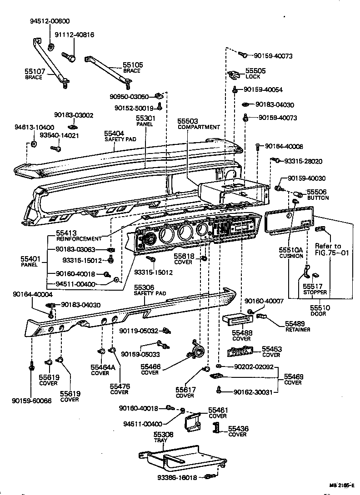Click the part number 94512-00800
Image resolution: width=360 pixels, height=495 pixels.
(x=50, y=21)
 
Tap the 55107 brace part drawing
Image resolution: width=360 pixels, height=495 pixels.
(x=50, y=61)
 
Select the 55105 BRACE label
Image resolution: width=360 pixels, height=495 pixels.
(x=133, y=68)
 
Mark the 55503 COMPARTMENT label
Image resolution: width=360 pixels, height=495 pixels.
(x=199, y=124)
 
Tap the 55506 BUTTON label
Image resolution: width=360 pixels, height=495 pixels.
(x=318, y=195)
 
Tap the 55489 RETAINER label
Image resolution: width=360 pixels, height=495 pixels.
(x=298, y=326)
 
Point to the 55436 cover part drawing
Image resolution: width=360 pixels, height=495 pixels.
(x=217, y=428)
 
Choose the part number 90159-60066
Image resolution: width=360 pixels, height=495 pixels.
(x=32, y=401)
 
